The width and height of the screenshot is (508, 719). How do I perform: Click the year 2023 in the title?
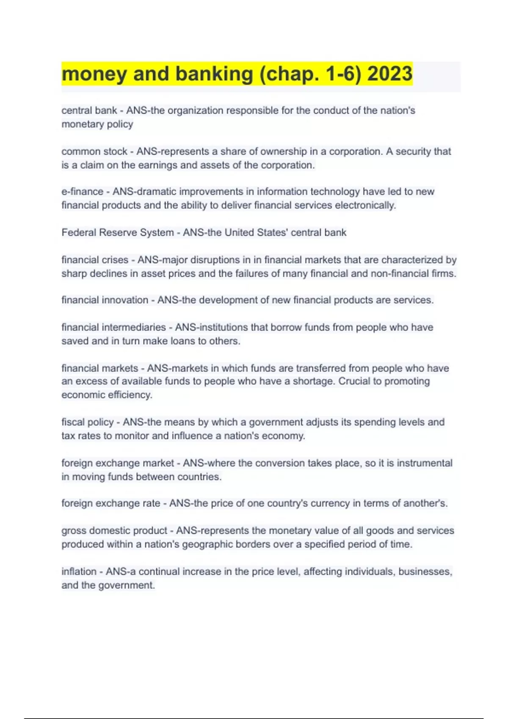[389, 74]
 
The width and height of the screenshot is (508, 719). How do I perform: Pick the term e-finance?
[82, 192]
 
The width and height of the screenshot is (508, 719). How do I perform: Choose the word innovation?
[125, 300]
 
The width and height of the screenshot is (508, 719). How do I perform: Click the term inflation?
[79, 572]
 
